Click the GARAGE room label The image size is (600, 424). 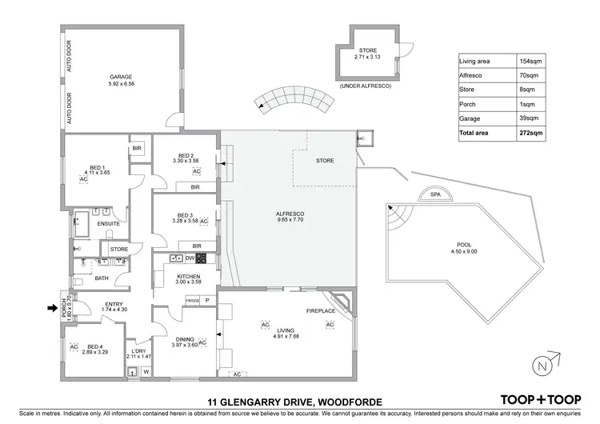click(121, 78)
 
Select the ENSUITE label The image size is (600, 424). click(108, 223)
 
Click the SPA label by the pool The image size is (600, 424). click(435, 194)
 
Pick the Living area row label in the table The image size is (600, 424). click(475, 61)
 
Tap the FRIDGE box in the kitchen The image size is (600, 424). click(192, 300)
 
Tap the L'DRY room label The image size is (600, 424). click(138, 351)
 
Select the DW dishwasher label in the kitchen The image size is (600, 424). click(190, 258)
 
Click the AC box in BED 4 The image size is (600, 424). click(73, 346)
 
